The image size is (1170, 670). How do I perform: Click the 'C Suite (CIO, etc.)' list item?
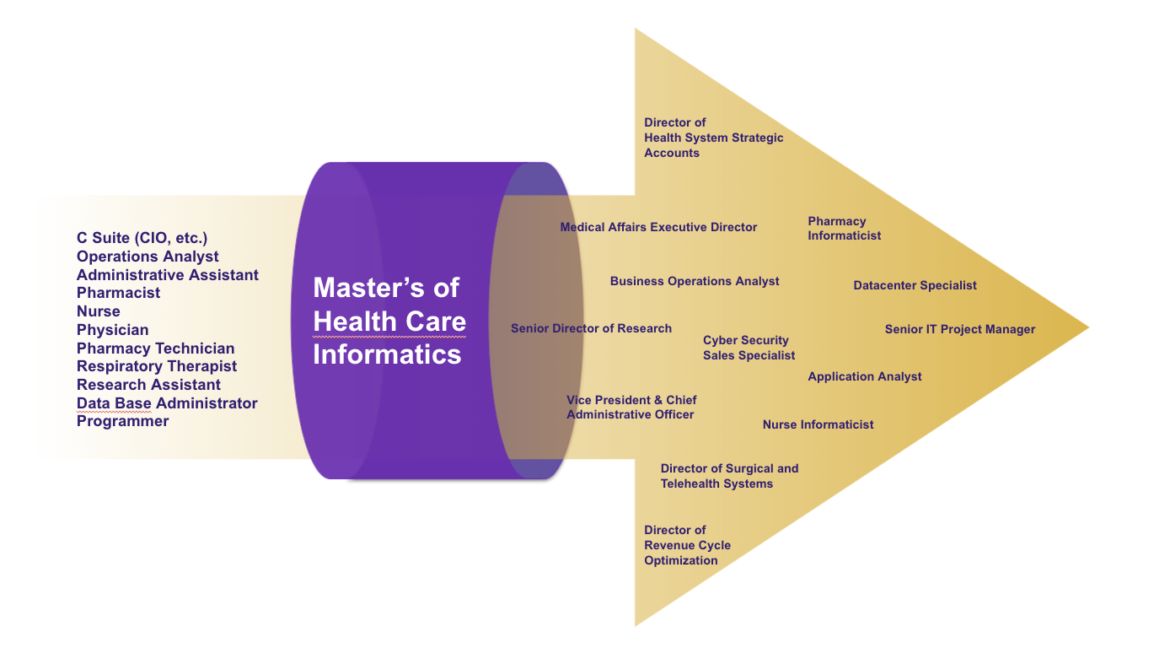click(x=142, y=238)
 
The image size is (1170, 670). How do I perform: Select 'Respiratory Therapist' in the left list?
click(x=157, y=366)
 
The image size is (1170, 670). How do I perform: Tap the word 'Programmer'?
click(x=123, y=421)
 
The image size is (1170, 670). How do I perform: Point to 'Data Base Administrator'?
click(x=167, y=403)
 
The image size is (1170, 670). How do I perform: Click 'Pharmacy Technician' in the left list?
click(x=156, y=349)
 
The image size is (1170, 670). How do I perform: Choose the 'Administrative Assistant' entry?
click(x=168, y=274)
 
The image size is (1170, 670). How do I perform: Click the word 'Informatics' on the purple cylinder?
click(x=387, y=354)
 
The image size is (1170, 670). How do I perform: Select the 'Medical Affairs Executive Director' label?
click(x=658, y=227)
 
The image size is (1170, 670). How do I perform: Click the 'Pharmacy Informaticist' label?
click(x=845, y=229)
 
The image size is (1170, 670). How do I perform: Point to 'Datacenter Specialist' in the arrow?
click(x=915, y=285)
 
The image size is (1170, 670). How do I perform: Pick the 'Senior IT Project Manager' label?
click(x=960, y=329)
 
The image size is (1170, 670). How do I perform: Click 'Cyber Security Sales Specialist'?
click(x=749, y=348)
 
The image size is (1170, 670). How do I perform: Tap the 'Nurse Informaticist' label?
click(x=818, y=424)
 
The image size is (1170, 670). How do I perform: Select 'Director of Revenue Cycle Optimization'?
click(x=687, y=545)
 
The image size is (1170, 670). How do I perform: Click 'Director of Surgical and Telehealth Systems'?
click(x=730, y=476)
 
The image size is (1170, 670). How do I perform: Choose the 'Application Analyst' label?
click(x=865, y=376)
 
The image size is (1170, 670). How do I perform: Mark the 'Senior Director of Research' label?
click(x=591, y=328)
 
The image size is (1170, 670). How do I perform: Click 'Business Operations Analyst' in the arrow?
click(x=695, y=281)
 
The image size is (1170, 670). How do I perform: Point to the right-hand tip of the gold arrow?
click(x=1088, y=327)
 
